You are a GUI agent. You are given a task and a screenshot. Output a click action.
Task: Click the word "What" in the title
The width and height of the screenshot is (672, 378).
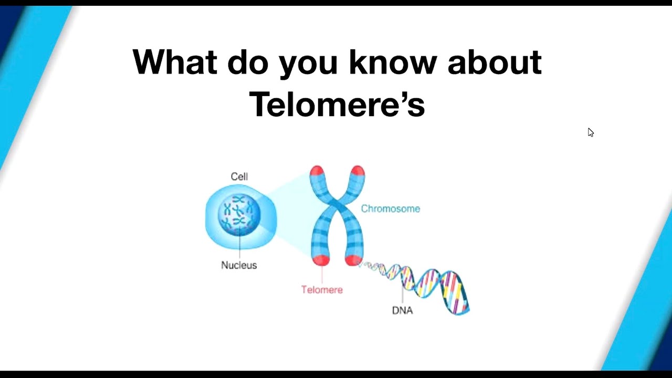[174, 62]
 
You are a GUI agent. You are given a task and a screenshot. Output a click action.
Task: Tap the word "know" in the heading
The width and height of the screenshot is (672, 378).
[392, 62]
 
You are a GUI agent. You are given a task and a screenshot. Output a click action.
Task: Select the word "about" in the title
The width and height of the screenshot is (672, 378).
[494, 62]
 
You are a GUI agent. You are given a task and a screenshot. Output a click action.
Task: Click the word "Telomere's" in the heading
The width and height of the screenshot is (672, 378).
[337, 104]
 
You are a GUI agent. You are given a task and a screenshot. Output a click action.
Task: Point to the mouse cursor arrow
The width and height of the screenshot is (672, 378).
[590, 132]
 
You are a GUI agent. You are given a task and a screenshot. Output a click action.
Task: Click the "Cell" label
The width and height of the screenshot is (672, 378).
[239, 176]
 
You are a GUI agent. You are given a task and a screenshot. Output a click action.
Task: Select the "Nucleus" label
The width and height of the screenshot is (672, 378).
[239, 265]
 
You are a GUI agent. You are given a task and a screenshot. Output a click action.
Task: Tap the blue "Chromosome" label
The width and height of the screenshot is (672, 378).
[390, 208]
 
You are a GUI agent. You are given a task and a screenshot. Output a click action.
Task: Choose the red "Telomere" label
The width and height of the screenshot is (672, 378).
[322, 289]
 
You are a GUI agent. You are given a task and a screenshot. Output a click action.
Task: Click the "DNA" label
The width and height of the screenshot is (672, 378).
[402, 310]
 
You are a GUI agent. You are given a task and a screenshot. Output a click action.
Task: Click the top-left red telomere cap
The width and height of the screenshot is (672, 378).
[317, 171]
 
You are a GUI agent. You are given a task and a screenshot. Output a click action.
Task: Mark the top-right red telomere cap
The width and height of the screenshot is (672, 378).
[358, 171]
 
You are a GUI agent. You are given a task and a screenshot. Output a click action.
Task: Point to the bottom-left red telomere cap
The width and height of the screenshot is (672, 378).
[320, 260]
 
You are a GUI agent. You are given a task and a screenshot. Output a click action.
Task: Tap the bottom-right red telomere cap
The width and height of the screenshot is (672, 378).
[353, 260]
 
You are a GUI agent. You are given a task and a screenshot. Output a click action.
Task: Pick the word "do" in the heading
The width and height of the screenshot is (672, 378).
[248, 62]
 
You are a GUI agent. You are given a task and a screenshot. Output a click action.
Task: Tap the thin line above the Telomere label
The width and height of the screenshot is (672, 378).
[322, 275]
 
